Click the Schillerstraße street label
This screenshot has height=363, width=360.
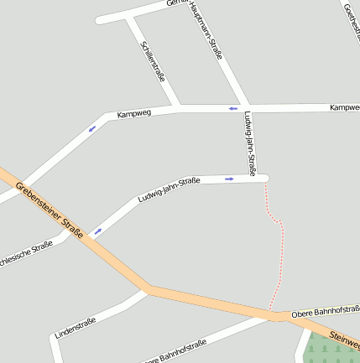coord(153,61)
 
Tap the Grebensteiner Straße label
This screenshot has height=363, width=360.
coord(50,210)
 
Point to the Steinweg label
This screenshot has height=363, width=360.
coord(344,337)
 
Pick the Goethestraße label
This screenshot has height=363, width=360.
coord(352,18)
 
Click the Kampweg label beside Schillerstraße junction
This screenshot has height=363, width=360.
coord(133,112)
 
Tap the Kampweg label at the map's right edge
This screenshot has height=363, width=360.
coord(344,108)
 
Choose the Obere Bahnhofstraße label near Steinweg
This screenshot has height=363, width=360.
coord(325,313)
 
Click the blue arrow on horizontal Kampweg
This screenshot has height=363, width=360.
coord(232,108)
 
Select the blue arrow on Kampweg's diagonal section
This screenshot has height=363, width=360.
coord(91,128)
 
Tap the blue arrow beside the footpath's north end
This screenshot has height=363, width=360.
coord(229,178)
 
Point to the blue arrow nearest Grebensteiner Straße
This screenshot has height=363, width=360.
coord(97,231)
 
